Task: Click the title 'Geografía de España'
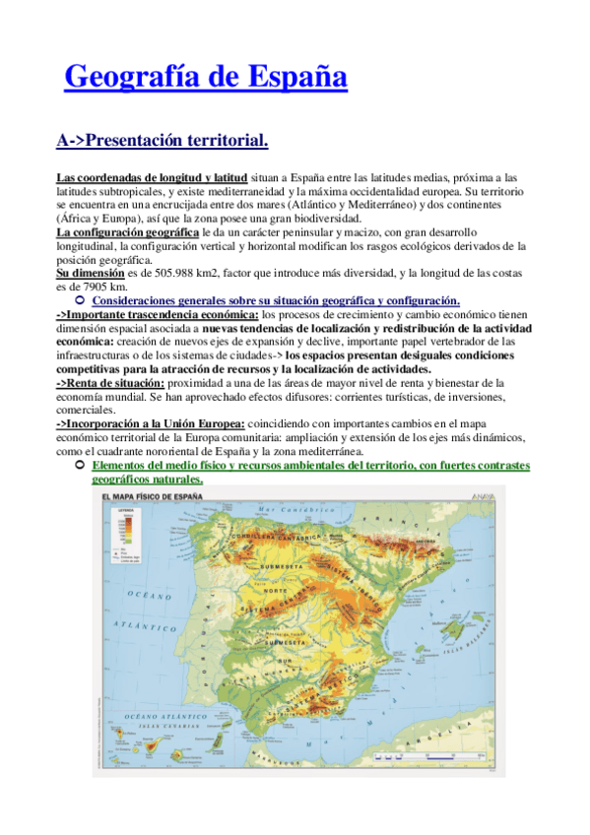click(x=206, y=76)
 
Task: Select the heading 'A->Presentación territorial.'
click(x=162, y=141)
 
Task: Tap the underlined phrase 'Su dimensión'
click(x=90, y=273)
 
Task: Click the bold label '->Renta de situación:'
click(x=110, y=382)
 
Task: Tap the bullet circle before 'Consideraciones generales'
click(x=80, y=299)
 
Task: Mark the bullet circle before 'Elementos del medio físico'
click(x=80, y=465)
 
